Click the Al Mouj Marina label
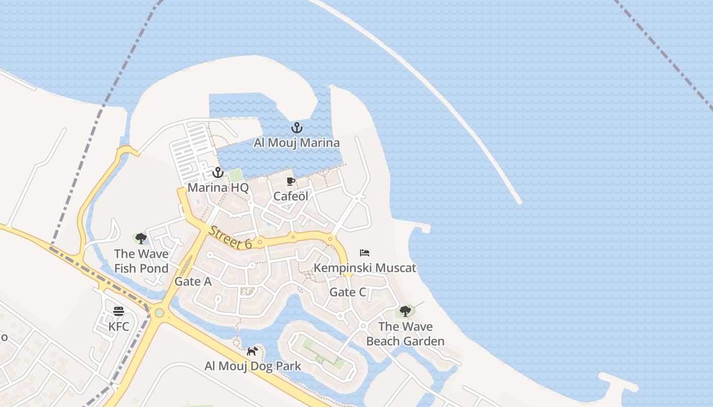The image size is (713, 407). tap(296, 142)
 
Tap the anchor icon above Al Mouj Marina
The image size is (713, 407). tap(296, 128)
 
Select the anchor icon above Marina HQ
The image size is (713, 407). tap(218, 172)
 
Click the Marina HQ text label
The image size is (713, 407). tap(218, 188)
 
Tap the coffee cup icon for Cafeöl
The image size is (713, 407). tap(291, 181)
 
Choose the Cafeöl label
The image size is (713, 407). tap(291, 196)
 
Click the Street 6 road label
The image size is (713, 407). tap(230, 237)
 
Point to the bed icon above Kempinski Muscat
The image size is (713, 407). tap(365, 253)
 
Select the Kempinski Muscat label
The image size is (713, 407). tap(365, 268)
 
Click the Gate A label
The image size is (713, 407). tap(193, 281)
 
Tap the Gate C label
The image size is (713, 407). tap(348, 292)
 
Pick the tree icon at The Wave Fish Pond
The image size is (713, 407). tap(141, 238)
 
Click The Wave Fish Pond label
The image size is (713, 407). tap(141, 261)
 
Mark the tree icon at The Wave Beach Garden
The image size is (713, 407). tap(405, 311)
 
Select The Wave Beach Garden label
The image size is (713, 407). tap(405, 334)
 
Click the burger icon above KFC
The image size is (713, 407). tap(119, 311)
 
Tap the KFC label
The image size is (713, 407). tap(119, 326)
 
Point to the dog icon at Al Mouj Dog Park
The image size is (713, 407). tap(253, 351)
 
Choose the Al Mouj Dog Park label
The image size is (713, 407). tap(253, 366)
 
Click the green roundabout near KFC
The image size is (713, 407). tap(159, 312)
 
